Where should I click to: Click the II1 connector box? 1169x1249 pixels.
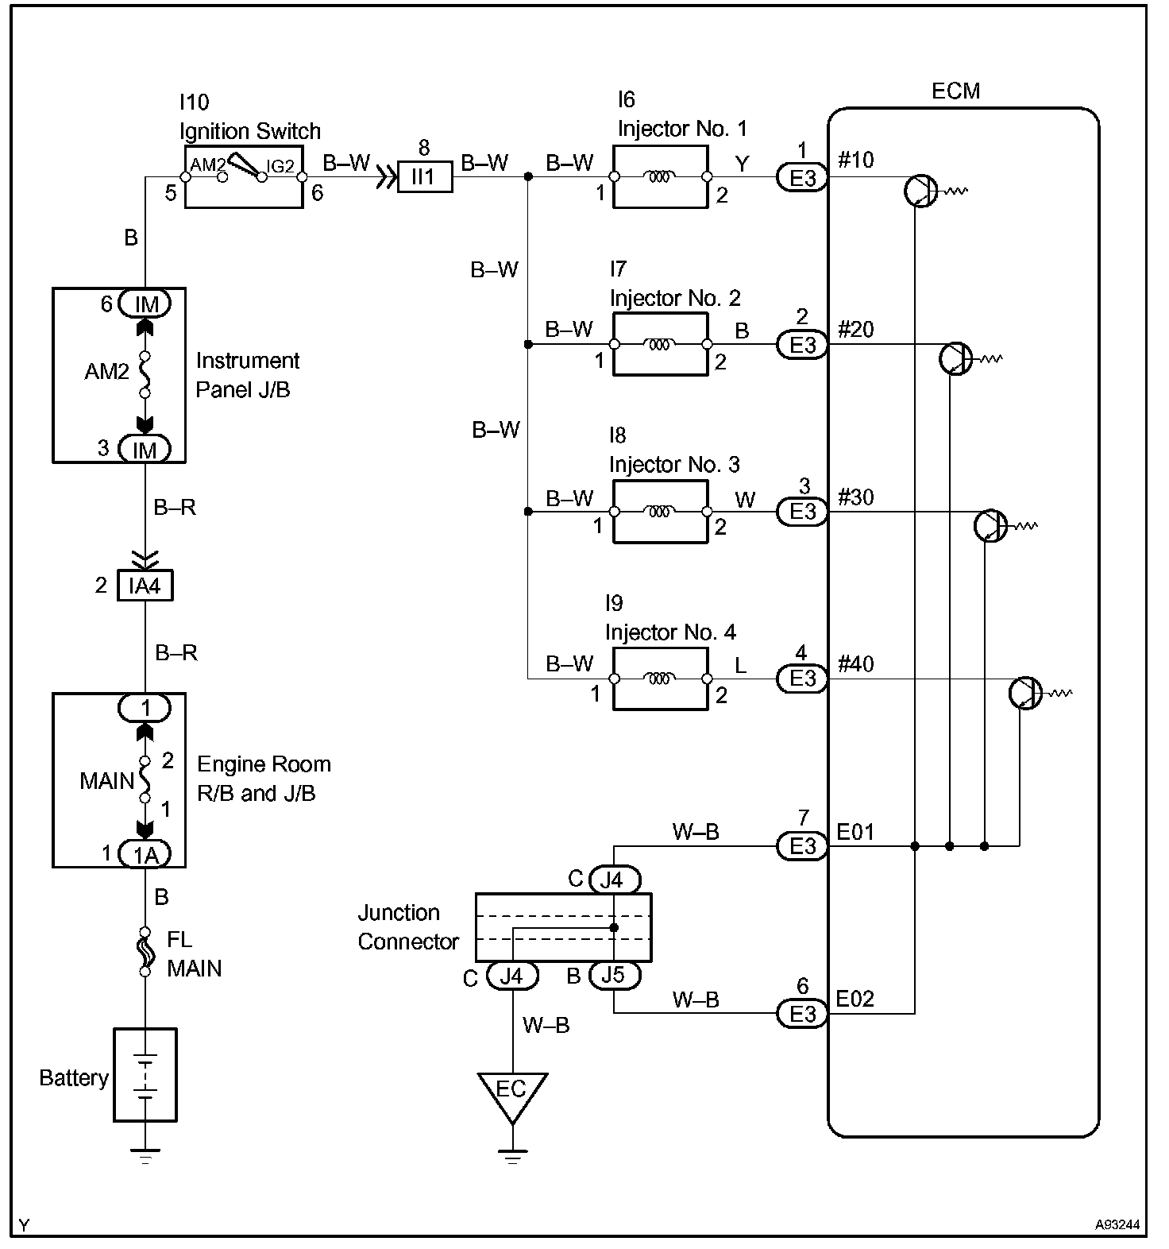[x=425, y=176]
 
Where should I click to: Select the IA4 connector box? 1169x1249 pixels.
[x=145, y=586]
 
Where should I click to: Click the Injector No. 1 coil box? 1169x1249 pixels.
[x=660, y=176]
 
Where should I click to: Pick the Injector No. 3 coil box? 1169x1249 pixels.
[x=660, y=512]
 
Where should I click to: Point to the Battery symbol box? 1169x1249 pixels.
[x=145, y=1074]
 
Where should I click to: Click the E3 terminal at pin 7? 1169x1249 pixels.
[x=802, y=846]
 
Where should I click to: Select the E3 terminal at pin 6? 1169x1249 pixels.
[x=802, y=1014]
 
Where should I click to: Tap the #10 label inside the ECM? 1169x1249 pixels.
[x=855, y=160]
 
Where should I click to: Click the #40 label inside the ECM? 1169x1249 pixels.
[x=855, y=664]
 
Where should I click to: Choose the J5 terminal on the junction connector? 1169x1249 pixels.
[x=614, y=975]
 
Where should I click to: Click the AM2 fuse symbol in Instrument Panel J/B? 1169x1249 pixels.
[x=145, y=373]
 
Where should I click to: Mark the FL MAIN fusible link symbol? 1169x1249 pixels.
[x=145, y=951]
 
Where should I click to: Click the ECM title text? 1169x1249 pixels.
[x=955, y=91]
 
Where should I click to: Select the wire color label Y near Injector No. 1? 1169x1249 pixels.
[x=742, y=164]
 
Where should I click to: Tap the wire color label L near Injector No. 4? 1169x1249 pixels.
[x=741, y=665]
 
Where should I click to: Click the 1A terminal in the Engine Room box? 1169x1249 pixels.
[x=145, y=854]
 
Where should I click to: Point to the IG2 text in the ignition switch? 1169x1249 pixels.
[x=280, y=165]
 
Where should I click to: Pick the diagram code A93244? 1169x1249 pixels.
[x=1117, y=1225]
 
